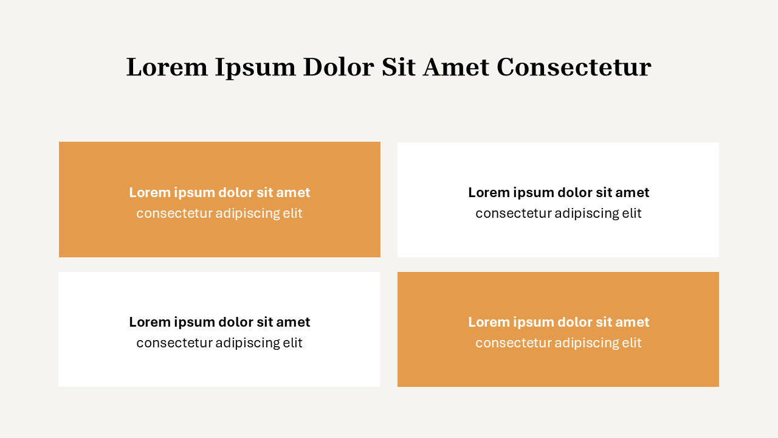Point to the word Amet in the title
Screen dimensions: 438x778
(x=456, y=67)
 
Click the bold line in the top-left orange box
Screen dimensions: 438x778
(x=219, y=193)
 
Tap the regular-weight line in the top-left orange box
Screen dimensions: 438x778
(x=219, y=214)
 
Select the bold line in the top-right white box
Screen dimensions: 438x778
(x=559, y=193)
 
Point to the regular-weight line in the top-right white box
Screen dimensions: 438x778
(x=559, y=214)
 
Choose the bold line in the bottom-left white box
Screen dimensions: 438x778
(x=219, y=322)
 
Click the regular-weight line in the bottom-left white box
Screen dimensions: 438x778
(x=219, y=343)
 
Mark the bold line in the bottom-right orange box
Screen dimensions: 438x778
(x=559, y=322)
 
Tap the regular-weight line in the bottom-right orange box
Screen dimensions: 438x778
(x=559, y=343)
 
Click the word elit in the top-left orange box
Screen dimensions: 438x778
(x=292, y=214)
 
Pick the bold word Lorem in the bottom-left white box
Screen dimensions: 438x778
(x=149, y=322)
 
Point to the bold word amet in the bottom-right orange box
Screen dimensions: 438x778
(x=632, y=322)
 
